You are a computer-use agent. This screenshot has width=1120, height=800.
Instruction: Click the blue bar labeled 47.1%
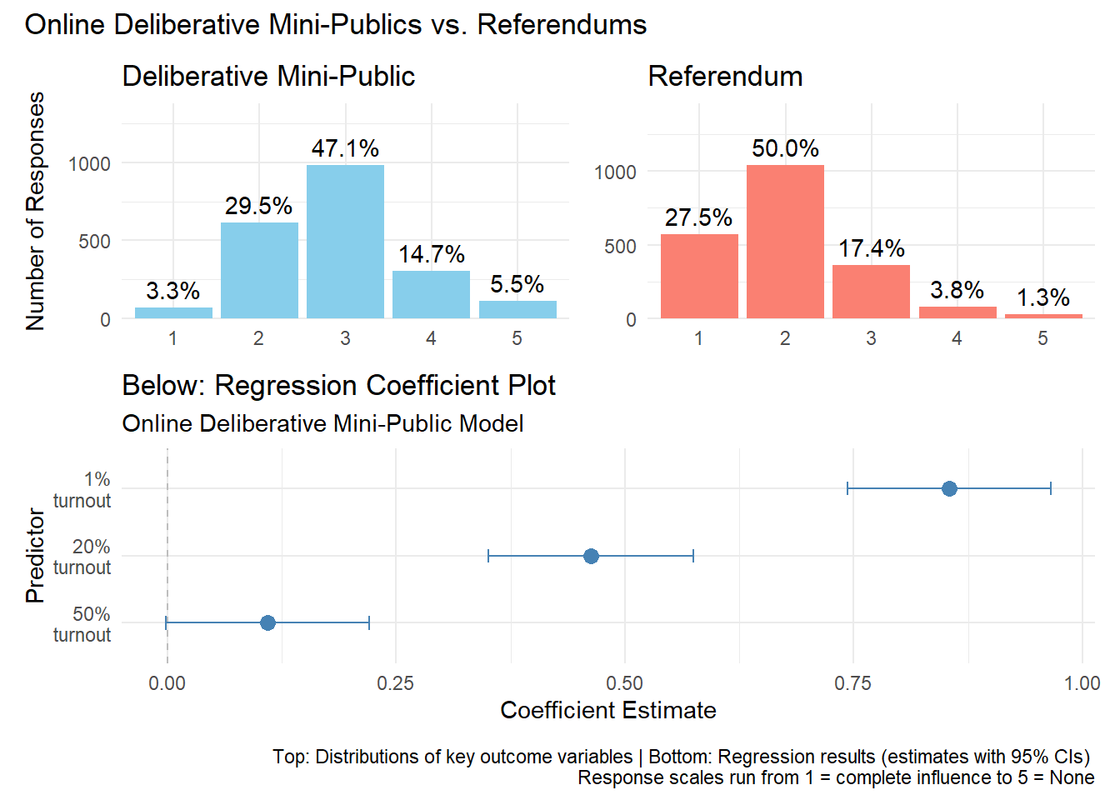click(345, 242)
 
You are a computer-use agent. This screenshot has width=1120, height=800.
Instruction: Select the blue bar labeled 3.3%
click(173, 312)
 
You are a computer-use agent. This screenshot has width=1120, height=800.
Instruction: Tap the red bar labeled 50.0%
click(785, 242)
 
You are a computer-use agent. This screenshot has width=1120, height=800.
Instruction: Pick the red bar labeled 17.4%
click(871, 292)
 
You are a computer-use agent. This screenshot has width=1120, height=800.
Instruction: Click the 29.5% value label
click(258, 206)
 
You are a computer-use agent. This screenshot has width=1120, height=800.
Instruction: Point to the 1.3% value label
click(1042, 297)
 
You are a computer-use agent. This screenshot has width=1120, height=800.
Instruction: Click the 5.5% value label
click(517, 284)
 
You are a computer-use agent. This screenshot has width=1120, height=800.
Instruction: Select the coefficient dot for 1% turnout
click(949, 488)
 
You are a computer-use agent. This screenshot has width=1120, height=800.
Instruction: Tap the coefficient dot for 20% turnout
click(591, 556)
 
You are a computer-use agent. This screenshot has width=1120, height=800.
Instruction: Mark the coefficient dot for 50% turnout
click(267, 622)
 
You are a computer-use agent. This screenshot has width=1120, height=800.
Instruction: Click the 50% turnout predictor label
click(82, 624)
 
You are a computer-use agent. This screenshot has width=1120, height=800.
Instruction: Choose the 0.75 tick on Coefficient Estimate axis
click(852, 683)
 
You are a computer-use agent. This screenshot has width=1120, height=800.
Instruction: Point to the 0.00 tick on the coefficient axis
click(167, 683)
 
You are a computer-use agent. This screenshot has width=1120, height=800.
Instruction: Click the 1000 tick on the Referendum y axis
click(614, 172)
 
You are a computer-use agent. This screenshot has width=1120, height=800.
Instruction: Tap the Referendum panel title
click(725, 77)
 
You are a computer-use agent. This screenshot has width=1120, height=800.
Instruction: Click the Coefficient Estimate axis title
click(607, 710)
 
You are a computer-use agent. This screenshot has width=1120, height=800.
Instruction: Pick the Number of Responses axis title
click(35, 211)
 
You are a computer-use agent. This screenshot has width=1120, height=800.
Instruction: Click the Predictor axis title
click(35, 555)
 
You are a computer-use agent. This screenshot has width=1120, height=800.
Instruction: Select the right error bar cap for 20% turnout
click(693, 556)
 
